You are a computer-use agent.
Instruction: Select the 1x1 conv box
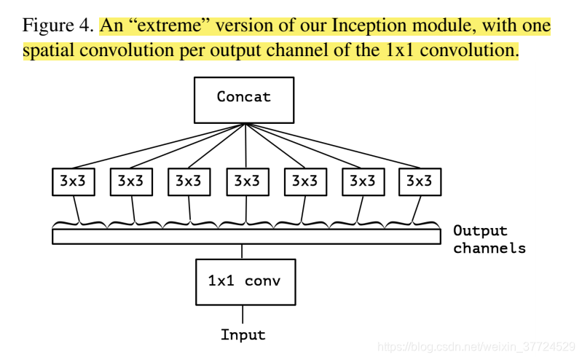pyautogui.click(x=245, y=280)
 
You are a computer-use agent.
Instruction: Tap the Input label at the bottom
pyautogui.click(x=243, y=335)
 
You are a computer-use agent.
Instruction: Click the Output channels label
pyautogui.click(x=489, y=240)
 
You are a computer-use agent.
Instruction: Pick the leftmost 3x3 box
pyautogui.click(x=73, y=181)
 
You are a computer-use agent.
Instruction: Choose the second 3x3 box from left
pyautogui.click(x=131, y=181)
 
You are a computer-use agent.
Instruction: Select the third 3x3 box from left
pyautogui.click(x=189, y=181)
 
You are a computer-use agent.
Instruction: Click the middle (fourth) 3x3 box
pyautogui.click(x=246, y=181)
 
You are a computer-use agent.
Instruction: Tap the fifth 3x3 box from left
pyautogui.click(x=304, y=181)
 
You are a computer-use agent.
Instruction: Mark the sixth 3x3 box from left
pyautogui.click(x=362, y=181)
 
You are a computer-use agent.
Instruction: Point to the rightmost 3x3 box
pyautogui.click(x=420, y=181)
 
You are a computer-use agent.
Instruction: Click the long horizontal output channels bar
pyautogui.click(x=246, y=236)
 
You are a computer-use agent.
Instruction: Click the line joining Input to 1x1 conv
pyautogui.click(x=243, y=315)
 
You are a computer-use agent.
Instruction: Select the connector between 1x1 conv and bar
pyautogui.click(x=243, y=250)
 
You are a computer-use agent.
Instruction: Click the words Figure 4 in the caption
pyautogui.click(x=58, y=27)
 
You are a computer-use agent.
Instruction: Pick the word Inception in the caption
pyautogui.click(x=366, y=27)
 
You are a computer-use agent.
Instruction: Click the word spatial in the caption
pyautogui.click(x=47, y=52)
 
